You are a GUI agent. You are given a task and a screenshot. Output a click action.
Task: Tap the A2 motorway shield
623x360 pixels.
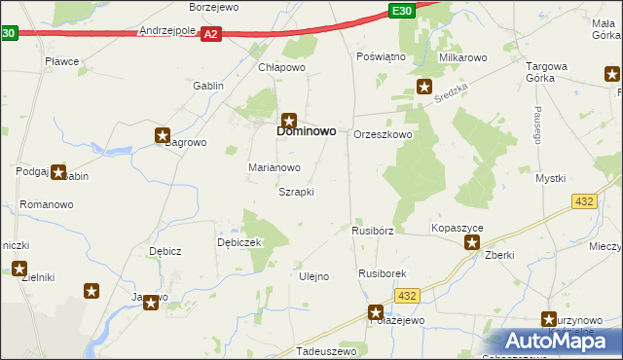(x=211, y=33)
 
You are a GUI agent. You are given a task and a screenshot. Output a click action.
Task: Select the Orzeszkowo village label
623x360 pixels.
(x=383, y=134)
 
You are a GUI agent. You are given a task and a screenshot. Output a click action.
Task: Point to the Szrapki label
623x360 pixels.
(x=296, y=192)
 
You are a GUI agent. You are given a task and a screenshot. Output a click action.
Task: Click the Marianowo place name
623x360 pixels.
(x=274, y=167)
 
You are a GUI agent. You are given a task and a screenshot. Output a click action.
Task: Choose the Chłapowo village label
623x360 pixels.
(x=282, y=67)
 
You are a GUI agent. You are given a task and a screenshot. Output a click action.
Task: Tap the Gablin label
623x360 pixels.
(x=208, y=86)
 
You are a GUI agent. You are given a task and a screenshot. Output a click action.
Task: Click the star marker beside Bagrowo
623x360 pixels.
(x=163, y=136)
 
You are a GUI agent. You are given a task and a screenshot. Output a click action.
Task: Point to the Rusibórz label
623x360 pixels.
(x=372, y=232)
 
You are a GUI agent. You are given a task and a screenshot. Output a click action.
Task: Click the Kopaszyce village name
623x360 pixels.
(x=458, y=228)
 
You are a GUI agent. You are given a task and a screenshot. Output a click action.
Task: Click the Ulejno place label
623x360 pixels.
(x=313, y=276)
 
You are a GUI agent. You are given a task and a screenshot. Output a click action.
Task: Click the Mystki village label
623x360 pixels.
(x=550, y=178)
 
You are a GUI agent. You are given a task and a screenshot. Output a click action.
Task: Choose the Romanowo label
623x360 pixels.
(x=47, y=205)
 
